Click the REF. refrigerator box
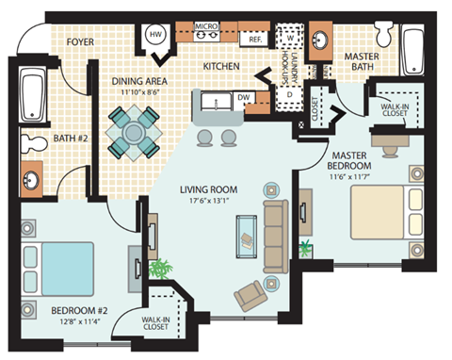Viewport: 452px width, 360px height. [x=255, y=40]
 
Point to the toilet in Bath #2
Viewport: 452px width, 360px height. [x=35, y=143]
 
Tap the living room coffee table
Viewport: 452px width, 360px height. [x=247, y=231]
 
